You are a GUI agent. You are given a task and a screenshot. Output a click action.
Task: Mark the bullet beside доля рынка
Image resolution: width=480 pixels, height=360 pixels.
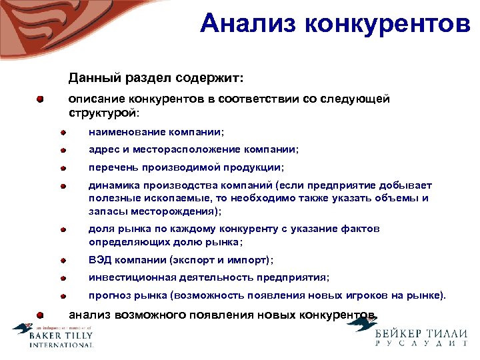click(x=61, y=229)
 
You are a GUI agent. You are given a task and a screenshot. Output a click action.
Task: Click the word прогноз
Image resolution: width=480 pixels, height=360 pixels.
click(x=107, y=295)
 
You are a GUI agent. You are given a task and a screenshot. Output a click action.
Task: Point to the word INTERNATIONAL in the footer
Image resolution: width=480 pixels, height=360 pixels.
click(x=61, y=345)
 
